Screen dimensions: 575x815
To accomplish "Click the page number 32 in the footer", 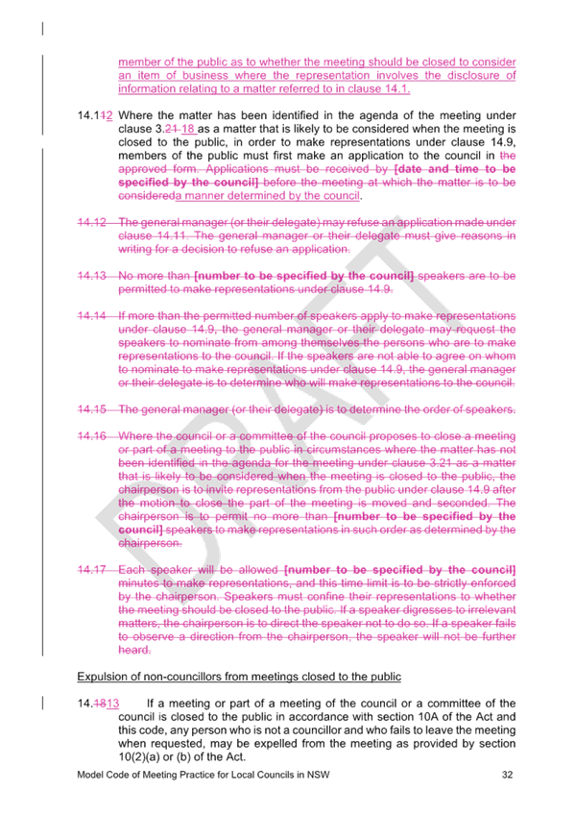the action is click(x=507, y=775).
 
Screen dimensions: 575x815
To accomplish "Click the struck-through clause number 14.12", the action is click(x=92, y=222).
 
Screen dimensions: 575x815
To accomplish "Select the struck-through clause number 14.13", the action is click(x=92, y=276).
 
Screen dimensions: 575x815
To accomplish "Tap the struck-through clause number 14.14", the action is click(x=92, y=316).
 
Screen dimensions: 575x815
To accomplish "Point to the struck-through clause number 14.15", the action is click(x=92, y=409).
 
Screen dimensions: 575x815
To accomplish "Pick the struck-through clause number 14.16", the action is click(x=92, y=436).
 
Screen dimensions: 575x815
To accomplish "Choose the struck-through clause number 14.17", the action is click(x=92, y=570).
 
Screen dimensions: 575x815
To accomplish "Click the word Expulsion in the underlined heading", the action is click(x=99, y=677).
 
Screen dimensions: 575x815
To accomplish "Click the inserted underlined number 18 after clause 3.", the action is click(x=188, y=129).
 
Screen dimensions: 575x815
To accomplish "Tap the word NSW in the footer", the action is click(x=318, y=775).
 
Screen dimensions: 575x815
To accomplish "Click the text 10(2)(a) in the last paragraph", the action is click(x=138, y=756).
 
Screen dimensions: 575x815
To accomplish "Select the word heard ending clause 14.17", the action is click(x=134, y=650).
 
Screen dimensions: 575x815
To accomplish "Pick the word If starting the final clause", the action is click(x=151, y=704).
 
